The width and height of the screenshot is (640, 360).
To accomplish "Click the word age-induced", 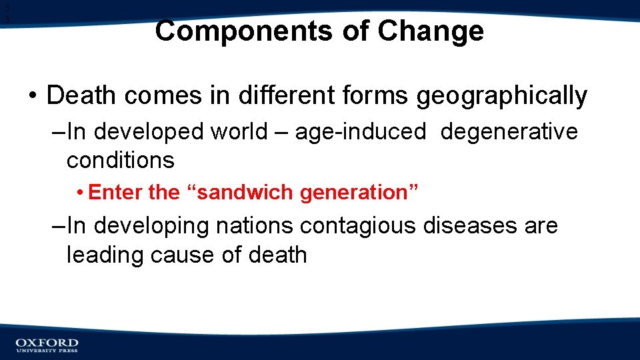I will (x=361, y=132).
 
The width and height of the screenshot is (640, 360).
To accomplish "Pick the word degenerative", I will (x=509, y=132).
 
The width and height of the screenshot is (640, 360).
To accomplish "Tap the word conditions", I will (x=121, y=160).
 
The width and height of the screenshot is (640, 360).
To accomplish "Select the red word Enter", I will (x=116, y=193).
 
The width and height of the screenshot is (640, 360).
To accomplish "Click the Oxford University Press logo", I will (x=47, y=345).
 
